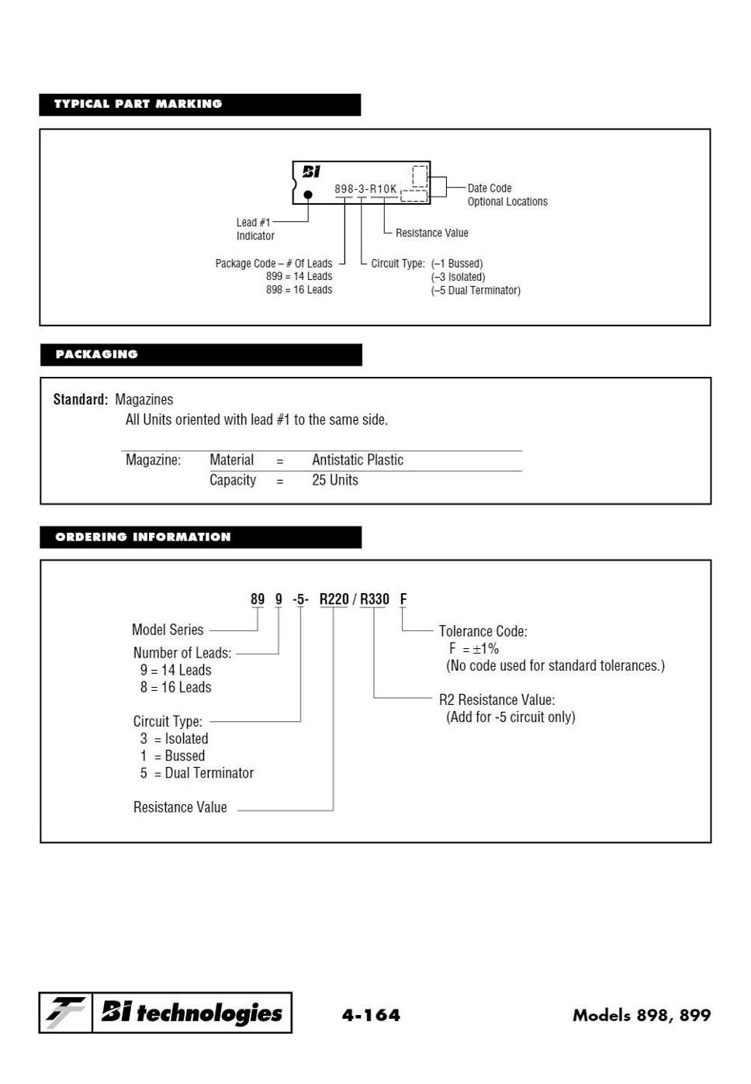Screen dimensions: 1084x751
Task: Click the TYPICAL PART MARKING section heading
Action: click(138, 104)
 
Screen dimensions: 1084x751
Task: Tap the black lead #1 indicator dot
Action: click(308, 195)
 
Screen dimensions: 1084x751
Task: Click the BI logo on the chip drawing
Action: click(311, 172)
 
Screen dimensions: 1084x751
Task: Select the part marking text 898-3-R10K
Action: click(365, 189)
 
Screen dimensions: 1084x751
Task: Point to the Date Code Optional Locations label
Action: click(507, 195)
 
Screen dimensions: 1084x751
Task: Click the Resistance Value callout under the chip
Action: click(431, 233)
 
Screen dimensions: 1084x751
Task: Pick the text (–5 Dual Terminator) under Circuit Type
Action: click(476, 291)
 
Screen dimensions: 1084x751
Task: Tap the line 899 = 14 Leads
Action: click(299, 277)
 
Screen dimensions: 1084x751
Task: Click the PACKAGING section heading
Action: click(97, 354)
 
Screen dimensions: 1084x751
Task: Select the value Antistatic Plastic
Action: click(358, 460)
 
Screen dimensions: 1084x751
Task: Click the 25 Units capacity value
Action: click(335, 480)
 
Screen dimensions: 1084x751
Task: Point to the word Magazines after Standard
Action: click(144, 399)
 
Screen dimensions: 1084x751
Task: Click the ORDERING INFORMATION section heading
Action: click(144, 537)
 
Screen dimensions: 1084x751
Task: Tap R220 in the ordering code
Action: click(334, 599)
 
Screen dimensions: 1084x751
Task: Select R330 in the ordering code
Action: click(375, 599)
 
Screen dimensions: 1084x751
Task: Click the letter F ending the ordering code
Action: click(403, 599)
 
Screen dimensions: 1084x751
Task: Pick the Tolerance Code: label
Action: click(483, 631)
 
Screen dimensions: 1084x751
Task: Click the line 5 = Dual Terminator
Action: click(197, 773)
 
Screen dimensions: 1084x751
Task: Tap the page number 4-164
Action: click(371, 1014)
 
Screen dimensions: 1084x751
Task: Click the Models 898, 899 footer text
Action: click(641, 1015)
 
